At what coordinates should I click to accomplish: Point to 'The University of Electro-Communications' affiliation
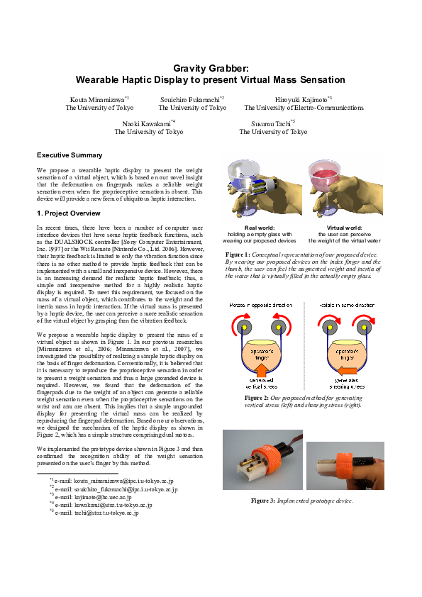click(304, 108)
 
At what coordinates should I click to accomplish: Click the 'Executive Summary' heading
click(70, 155)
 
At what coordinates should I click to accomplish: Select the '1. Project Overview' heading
click(68, 213)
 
